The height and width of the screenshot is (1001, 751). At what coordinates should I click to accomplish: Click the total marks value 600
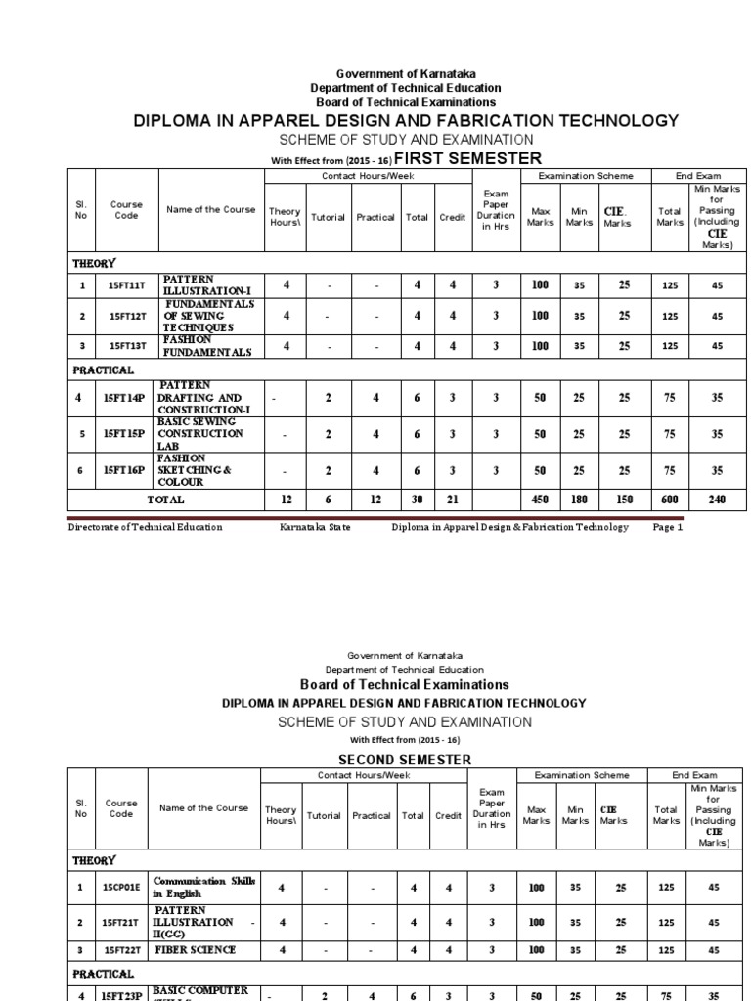coord(670,500)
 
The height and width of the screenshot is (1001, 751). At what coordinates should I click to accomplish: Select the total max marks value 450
coord(540,500)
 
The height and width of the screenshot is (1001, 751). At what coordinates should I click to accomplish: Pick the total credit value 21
coord(452,500)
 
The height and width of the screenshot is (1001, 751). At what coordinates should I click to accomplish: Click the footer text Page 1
coord(667,527)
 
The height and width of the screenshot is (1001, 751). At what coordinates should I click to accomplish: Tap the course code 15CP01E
coord(121,887)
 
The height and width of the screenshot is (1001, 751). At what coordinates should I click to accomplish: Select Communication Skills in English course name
coord(203,887)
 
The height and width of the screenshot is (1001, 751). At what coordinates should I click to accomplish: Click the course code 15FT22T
coord(121,948)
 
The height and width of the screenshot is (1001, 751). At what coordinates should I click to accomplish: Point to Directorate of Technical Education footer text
coord(145,527)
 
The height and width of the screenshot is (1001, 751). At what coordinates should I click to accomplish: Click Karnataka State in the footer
coord(315,527)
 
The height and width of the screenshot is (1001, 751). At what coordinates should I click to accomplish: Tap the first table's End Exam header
coord(698,176)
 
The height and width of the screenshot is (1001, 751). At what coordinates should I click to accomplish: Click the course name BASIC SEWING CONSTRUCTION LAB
coord(202,433)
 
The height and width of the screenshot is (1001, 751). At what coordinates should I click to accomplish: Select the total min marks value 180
coord(581,500)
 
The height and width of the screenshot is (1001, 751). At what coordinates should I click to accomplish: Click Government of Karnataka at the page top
coord(405,75)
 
